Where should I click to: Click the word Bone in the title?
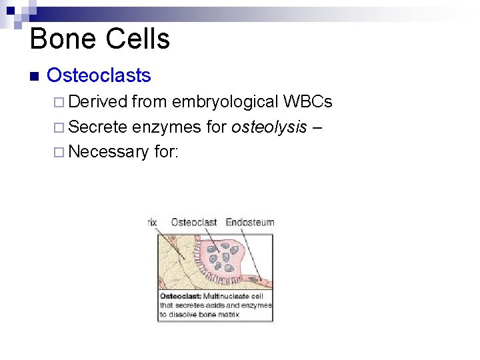[61, 39]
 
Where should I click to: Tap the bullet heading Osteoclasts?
[99, 75]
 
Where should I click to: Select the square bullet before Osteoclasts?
[35, 75]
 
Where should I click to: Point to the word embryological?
[225, 102]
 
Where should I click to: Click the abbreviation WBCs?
[307, 102]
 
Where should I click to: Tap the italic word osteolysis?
[269, 127]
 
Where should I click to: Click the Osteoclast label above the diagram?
[194, 222]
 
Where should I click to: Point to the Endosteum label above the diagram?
[250, 222]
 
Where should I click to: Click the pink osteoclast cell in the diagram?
[227, 257]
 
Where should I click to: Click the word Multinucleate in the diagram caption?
[229, 296]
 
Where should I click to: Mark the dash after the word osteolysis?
[317, 127]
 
